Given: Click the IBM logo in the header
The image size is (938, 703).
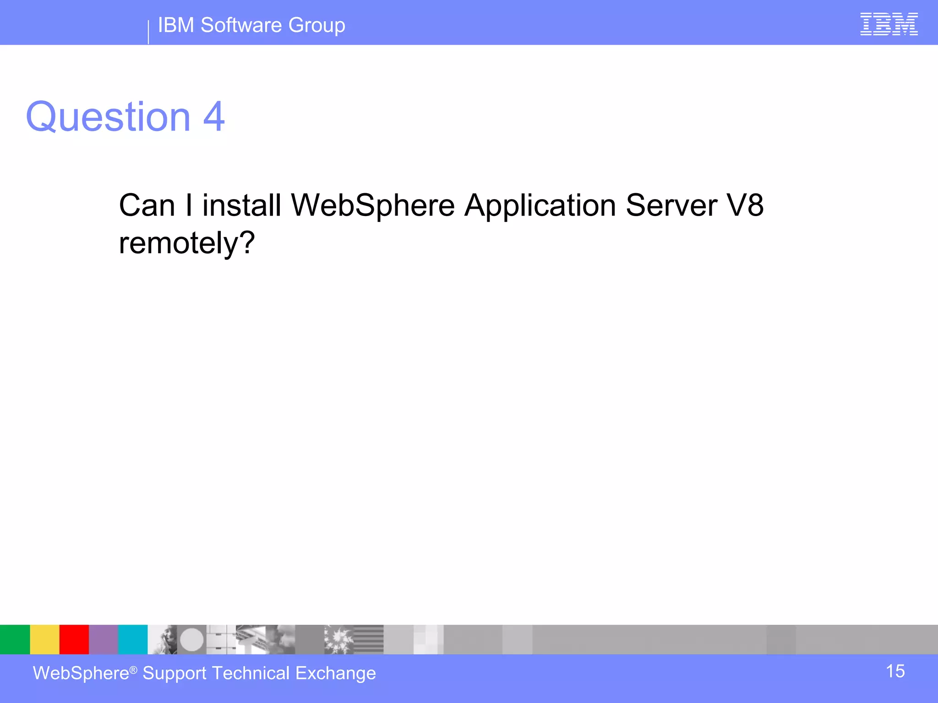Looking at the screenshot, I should [x=889, y=24].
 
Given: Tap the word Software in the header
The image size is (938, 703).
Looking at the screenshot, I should [x=241, y=25].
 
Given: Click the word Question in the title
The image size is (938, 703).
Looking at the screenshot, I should [x=108, y=117].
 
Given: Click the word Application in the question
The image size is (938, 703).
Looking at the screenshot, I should [x=540, y=206].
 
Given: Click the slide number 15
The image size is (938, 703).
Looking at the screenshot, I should [x=895, y=671].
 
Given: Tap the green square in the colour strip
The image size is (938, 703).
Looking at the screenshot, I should [x=15, y=639].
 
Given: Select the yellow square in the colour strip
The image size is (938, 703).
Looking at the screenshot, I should [x=44, y=639].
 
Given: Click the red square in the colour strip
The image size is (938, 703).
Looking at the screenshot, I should [x=74, y=639].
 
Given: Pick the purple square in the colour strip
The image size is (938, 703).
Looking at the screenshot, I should [x=103, y=639].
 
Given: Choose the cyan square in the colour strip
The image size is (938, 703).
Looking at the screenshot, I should [x=133, y=639].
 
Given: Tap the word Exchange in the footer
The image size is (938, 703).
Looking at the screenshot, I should [x=336, y=673].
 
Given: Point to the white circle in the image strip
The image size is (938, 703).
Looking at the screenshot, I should [x=191, y=639].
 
